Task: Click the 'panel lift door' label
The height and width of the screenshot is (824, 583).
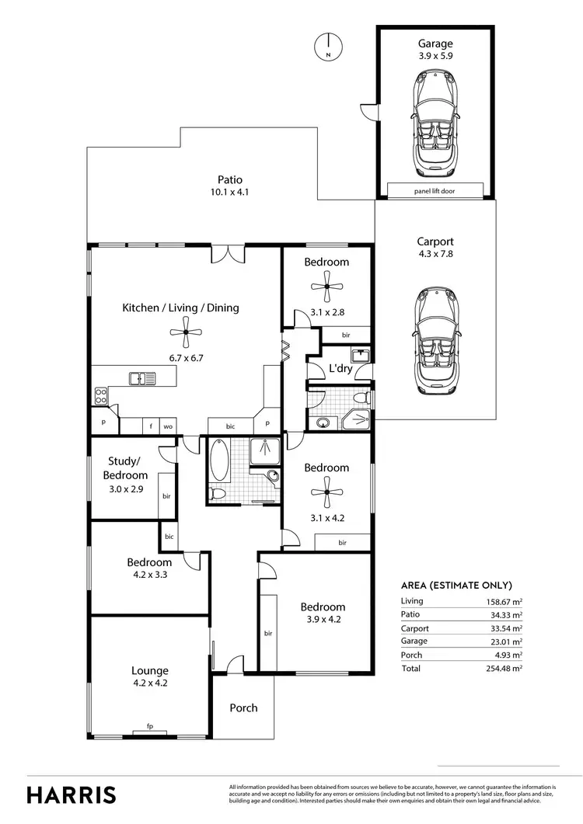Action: coord(435,190)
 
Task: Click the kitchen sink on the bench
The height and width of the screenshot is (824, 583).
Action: coord(142,378)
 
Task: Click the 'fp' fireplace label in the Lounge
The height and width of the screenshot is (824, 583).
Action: coord(150,726)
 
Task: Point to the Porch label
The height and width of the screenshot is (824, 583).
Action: coord(243,708)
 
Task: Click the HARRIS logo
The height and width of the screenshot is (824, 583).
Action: coord(72,794)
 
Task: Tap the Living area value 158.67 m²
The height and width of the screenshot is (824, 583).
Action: coord(501,601)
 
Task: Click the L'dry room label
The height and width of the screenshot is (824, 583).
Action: coord(340,369)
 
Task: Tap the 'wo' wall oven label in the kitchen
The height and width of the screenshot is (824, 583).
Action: coord(167,426)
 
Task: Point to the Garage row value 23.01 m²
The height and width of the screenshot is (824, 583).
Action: coord(503,641)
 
